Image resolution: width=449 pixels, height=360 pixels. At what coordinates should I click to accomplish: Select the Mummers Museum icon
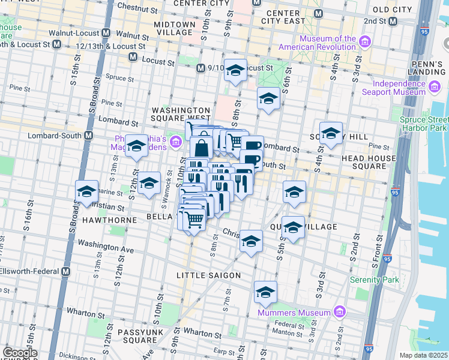(x=339, y=312)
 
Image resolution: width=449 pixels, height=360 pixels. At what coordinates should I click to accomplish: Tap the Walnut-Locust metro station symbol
(x=106, y=33)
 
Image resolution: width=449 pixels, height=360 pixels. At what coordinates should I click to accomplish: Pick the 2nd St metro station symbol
(x=393, y=22)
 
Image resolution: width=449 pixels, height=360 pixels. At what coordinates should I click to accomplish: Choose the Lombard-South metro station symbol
(x=89, y=135)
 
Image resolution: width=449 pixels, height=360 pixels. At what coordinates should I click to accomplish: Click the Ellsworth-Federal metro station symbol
(x=65, y=271)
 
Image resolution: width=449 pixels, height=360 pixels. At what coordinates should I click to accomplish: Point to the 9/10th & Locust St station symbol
(x=200, y=68)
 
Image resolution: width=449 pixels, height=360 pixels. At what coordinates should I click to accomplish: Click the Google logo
(x=20, y=352)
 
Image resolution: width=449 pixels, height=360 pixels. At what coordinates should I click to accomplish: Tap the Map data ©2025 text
(x=423, y=355)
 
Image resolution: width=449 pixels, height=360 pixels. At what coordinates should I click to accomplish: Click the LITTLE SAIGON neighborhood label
(x=208, y=275)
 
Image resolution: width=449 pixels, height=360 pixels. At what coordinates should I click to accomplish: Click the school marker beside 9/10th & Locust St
(x=235, y=70)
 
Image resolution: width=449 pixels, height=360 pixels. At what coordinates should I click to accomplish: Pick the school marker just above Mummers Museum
(x=265, y=292)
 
